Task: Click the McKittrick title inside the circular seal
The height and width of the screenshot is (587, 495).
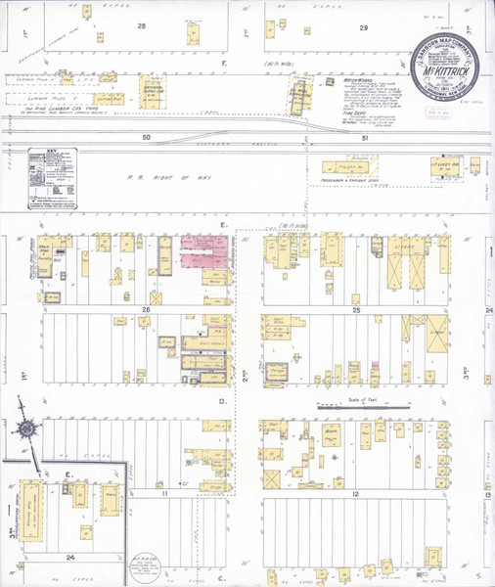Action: click(442, 70)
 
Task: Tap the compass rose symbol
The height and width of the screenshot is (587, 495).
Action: click(25, 428)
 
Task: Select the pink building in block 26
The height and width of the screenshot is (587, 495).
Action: click(206, 251)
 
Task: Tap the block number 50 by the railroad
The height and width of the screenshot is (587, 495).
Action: click(147, 138)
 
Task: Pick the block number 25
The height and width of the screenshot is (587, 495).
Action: click(356, 310)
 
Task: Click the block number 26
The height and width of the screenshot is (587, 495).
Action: click(145, 310)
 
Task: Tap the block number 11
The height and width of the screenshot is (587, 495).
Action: click(165, 494)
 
